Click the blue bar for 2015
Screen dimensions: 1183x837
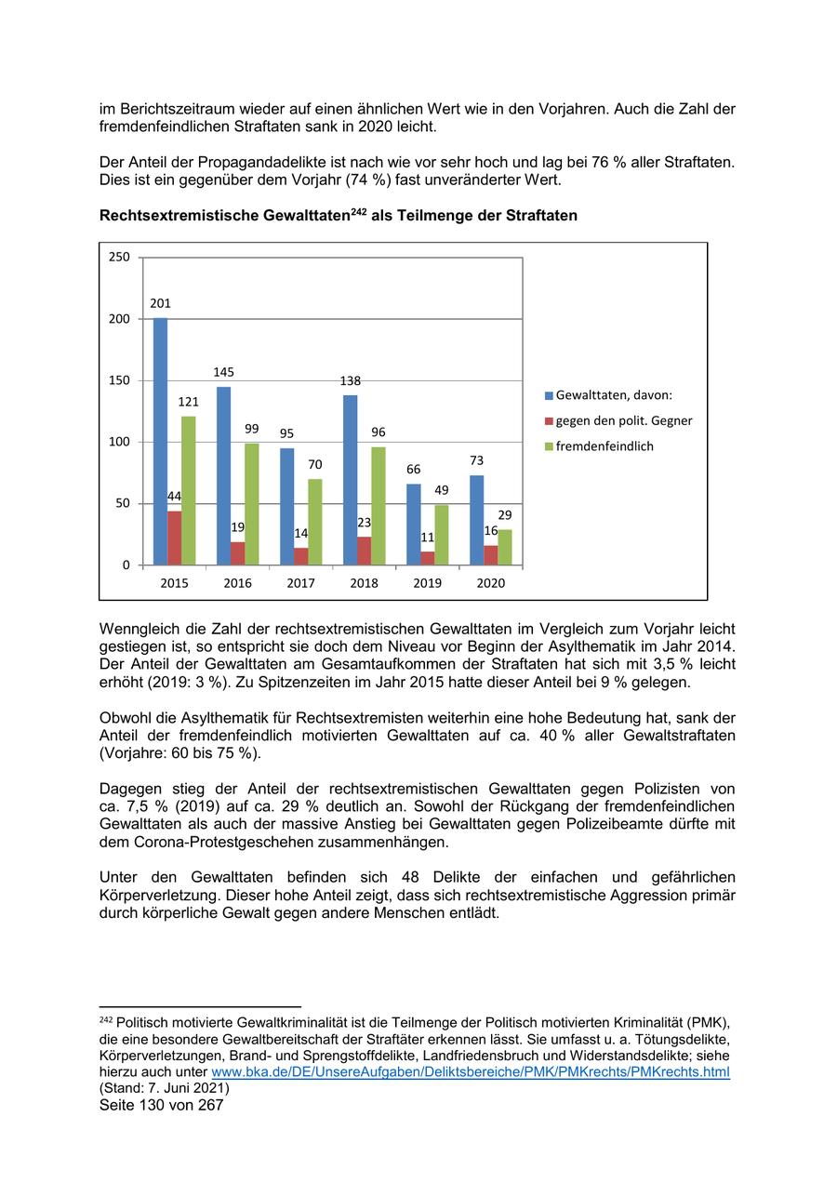pos(160,441)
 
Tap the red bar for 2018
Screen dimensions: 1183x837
pos(364,551)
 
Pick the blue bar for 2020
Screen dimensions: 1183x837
pos(476,520)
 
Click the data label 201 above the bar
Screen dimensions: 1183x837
pos(160,303)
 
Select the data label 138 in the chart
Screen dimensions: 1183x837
pos(350,380)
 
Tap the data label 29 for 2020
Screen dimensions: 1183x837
pos(505,515)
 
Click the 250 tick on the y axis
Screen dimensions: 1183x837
pos(119,257)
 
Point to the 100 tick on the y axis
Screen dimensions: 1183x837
pos(119,442)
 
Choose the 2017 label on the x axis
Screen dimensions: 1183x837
pos(300,583)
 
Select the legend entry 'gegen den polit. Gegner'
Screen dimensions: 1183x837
pos(623,420)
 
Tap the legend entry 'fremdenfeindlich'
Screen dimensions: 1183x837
pos(604,446)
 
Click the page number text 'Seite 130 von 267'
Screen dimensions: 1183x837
pos(162,1106)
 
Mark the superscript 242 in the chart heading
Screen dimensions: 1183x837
pos(358,212)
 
